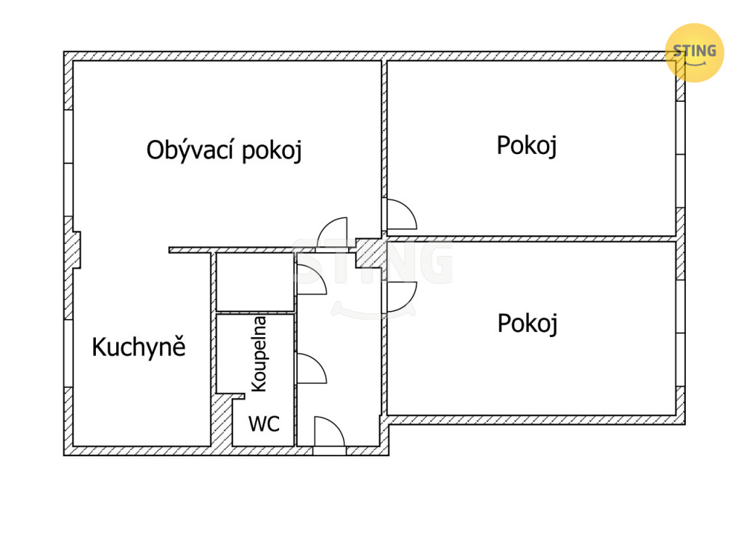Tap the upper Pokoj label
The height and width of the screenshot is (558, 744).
pyautogui.click(x=527, y=145)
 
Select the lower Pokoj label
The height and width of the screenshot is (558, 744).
pyautogui.click(x=527, y=323)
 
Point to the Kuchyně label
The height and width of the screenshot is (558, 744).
pyautogui.click(x=139, y=347)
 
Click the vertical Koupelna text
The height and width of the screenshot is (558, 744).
pyautogui.click(x=259, y=354)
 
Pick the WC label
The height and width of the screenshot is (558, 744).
pyautogui.click(x=264, y=424)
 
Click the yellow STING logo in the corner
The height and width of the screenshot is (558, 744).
pyautogui.click(x=695, y=52)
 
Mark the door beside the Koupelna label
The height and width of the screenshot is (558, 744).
pyautogui.click(x=310, y=368)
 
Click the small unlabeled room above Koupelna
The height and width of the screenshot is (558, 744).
pyautogui.click(x=254, y=282)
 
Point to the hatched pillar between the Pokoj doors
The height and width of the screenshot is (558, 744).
pyautogui.click(x=370, y=254)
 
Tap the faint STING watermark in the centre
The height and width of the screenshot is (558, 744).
pyautogui.click(x=373, y=265)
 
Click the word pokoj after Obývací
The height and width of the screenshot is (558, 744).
pyautogui.click(x=272, y=151)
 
